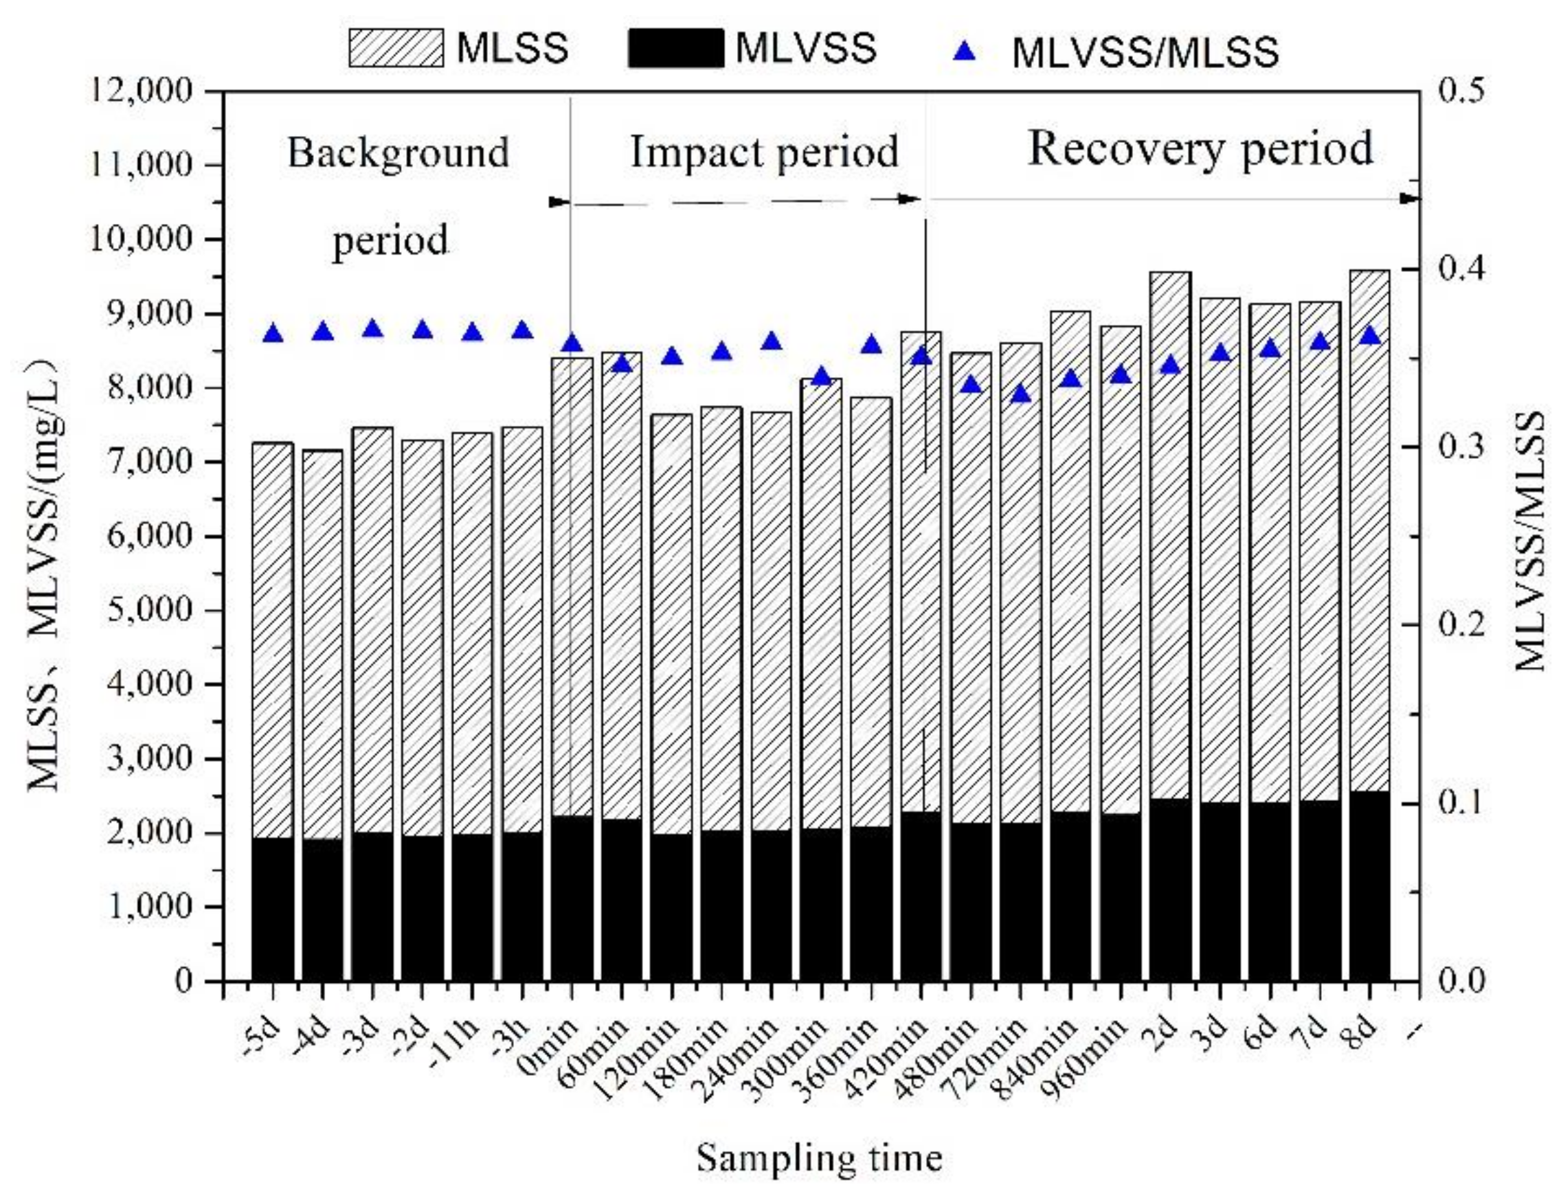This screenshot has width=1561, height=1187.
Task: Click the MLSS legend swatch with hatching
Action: [x=396, y=49]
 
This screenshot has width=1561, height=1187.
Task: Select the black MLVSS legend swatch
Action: [x=675, y=49]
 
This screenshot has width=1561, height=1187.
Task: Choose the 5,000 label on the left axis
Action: [x=150, y=610]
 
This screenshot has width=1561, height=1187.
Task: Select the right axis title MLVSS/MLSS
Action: [x=1532, y=541]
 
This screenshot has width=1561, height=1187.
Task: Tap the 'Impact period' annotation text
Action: [x=765, y=151]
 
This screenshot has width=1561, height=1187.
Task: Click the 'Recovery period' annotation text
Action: [x=1200, y=148]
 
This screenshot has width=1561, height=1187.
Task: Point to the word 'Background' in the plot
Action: [x=398, y=151]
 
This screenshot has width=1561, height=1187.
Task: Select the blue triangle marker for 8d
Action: [x=1370, y=335]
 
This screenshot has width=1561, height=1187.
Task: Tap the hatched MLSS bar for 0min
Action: [x=572, y=587]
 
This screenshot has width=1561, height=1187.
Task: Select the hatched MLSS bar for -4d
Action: [x=323, y=643]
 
